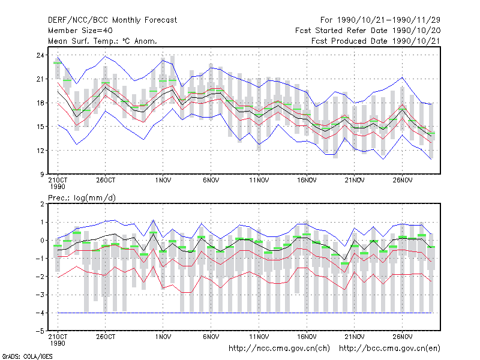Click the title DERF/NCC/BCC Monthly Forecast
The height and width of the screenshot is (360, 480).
(112, 20)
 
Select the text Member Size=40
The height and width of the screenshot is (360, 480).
(80, 31)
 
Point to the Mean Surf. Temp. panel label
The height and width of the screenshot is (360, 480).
(102, 41)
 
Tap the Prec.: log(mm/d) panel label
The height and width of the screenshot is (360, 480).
(82, 198)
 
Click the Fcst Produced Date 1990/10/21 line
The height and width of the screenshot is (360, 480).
(376, 41)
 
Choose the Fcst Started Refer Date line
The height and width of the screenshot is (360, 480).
(368, 31)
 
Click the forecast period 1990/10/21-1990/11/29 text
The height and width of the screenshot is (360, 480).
(380, 20)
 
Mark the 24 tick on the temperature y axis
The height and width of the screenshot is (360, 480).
(40, 55)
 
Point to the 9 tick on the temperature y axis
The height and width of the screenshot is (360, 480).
(42, 175)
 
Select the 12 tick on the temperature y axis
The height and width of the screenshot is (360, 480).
(40, 151)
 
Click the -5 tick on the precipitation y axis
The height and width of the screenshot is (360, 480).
(40, 331)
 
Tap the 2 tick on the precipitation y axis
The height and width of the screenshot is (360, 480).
(42, 204)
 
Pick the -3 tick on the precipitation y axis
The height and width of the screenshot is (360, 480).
(40, 295)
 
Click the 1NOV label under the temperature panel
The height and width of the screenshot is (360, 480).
(163, 181)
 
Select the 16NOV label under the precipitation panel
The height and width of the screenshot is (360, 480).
(307, 337)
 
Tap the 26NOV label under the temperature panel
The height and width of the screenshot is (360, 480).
(402, 181)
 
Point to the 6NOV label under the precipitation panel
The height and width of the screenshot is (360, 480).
(211, 337)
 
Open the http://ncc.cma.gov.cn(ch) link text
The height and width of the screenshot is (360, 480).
(279, 349)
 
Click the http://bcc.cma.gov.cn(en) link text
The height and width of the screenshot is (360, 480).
(389, 349)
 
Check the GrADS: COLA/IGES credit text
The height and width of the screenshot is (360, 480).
(28, 356)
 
